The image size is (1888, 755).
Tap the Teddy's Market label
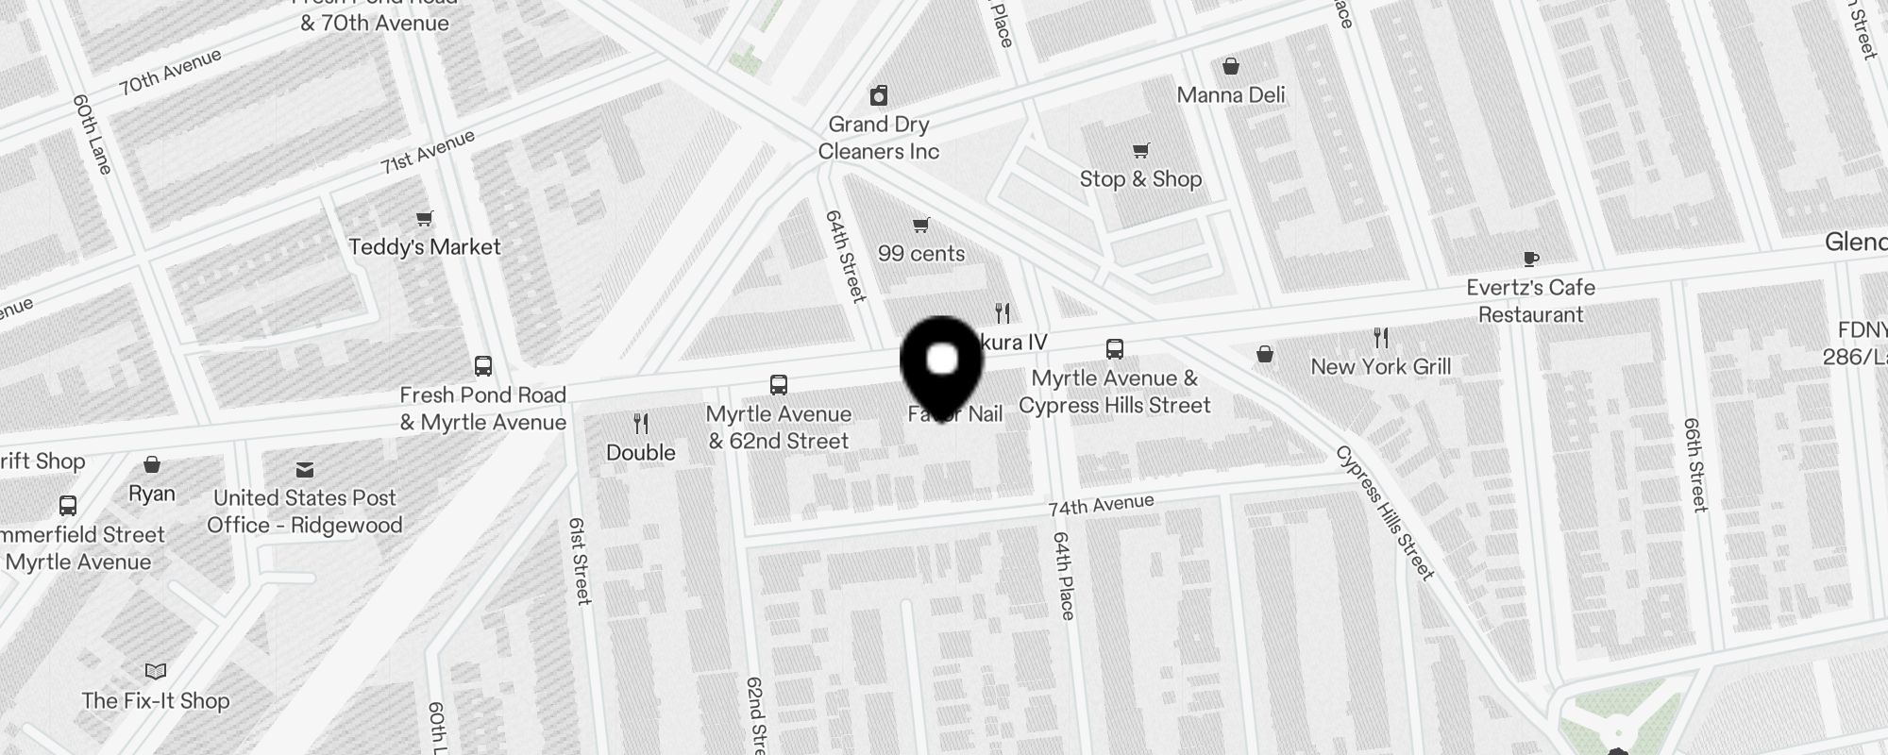coord(425,247)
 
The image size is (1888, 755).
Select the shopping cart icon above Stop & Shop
coord(1140,151)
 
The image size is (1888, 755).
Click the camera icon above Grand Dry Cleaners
coord(879,95)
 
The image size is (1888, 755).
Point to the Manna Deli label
coord(1231,95)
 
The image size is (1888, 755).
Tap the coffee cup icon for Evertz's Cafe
coord(1530,259)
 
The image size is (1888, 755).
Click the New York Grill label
coord(1380,367)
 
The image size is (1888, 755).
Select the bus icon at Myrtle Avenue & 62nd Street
coord(779,385)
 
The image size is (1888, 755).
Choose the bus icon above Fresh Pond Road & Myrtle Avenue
coord(483,366)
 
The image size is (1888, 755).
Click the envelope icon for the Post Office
coord(305,469)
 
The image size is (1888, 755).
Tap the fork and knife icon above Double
coord(641,424)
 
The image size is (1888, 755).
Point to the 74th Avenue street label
coord(1101,506)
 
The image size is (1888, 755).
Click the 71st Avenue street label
coord(428,152)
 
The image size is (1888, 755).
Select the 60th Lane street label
coord(93,134)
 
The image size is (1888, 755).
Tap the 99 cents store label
coord(921,254)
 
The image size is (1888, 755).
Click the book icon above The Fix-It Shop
coord(156,672)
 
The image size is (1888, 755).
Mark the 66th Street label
coord(1696,464)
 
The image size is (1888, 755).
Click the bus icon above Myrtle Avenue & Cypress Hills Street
coord(1115,349)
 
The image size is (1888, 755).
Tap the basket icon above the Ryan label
coord(152,465)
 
